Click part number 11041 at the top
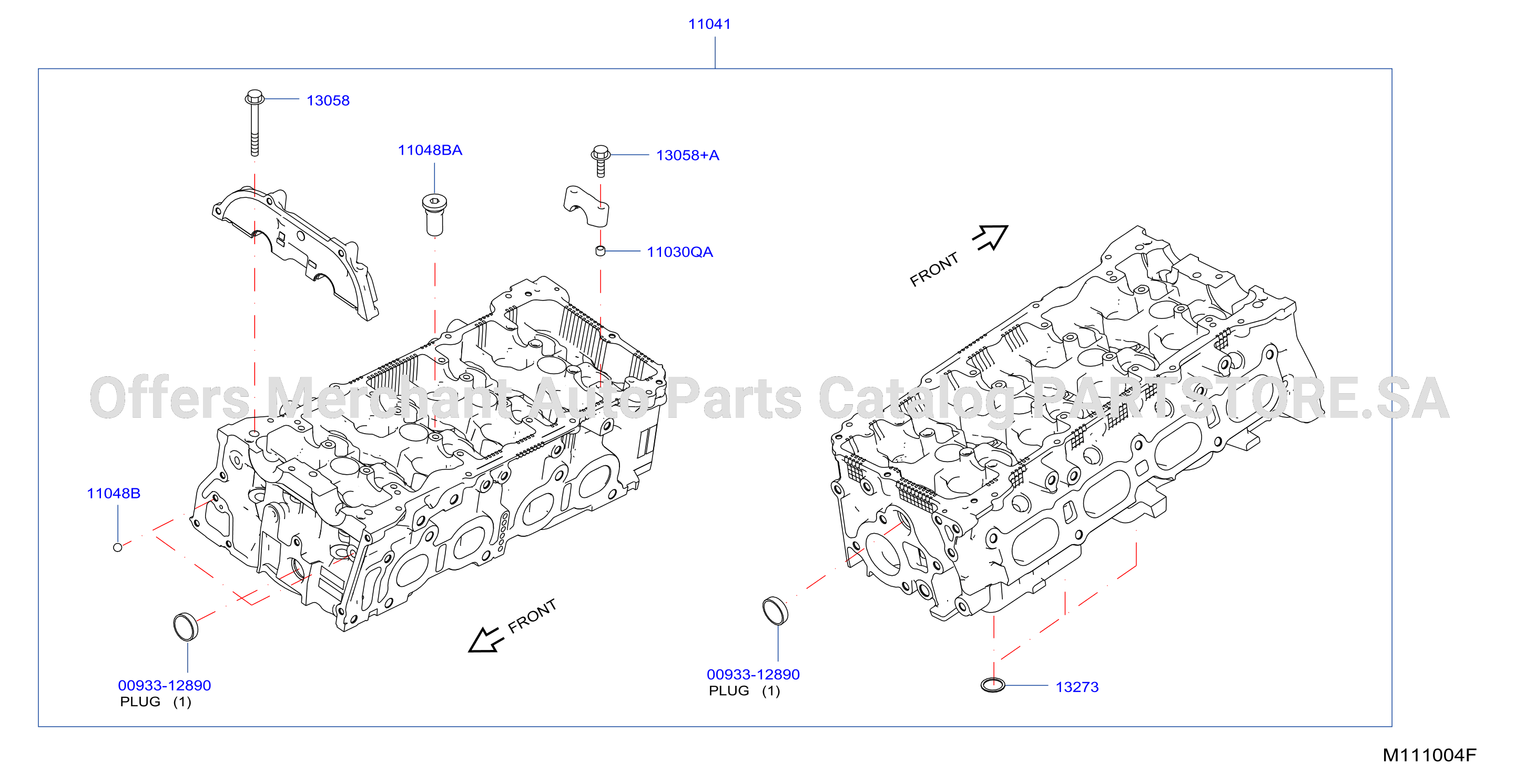(x=709, y=24)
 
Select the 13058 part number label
(x=328, y=100)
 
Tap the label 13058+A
(x=687, y=155)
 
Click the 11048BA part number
(x=430, y=150)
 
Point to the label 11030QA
(x=680, y=252)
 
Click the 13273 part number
(x=1077, y=687)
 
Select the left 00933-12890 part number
(x=165, y=686)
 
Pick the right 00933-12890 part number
(x=753, y=674)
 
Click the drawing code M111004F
(x=1429, y=755)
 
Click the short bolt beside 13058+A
(x=601, y=161)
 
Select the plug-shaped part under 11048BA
(x=435, y=215)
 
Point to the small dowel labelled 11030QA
(x=601, y=251)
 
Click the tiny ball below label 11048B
(x=117, y=547)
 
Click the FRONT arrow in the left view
(x=485, y=639)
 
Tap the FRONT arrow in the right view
(x=990, y=237)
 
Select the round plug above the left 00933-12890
(x=186, y=626)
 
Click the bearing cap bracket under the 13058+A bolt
(x=587, y=206)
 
